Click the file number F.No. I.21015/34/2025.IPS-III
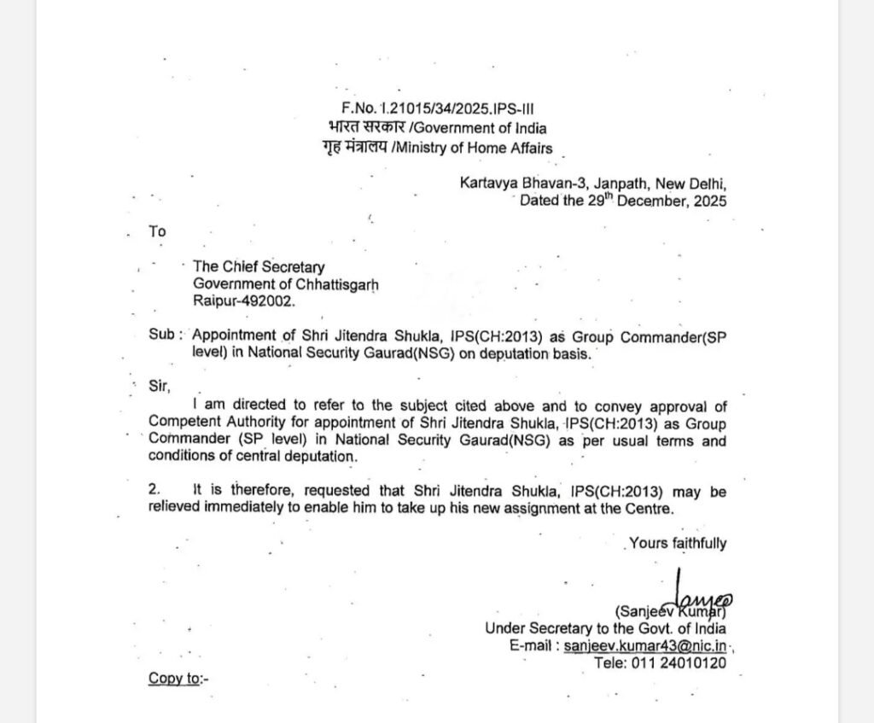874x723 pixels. click(438, 108)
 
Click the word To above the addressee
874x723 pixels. click(157, 231)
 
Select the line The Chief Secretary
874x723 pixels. click(259, 268)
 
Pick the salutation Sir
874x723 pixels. click(158, 386)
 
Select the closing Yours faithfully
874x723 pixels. click(678, 543)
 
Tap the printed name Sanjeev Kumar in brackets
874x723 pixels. click(669, 611)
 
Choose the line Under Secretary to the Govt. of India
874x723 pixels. click(606, 628)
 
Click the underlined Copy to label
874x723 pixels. click(178, 679)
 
